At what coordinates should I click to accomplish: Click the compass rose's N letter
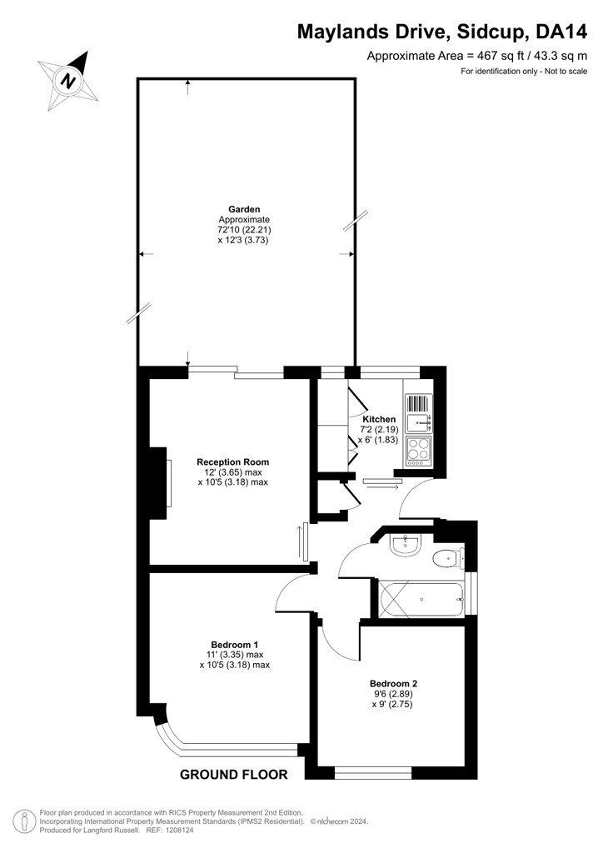pos(68,81)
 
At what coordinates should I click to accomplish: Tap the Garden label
pos(244,209)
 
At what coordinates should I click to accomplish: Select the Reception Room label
pos(232,461)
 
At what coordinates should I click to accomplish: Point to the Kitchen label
pos(379,419)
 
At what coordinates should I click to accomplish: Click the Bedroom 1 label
pos(234,646)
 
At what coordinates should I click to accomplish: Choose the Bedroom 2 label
pos(393,684)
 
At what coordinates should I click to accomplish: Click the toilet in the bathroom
pos(449,558)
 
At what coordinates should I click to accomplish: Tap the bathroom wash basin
pos(405,545)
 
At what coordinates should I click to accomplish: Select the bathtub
pos(421,600)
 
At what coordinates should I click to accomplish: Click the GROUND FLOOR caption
pos(234,775)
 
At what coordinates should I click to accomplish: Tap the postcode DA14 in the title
pos(561,32)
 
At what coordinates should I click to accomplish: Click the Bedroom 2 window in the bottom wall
pos(373,772)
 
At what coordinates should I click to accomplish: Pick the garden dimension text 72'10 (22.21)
pos(244,230)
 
